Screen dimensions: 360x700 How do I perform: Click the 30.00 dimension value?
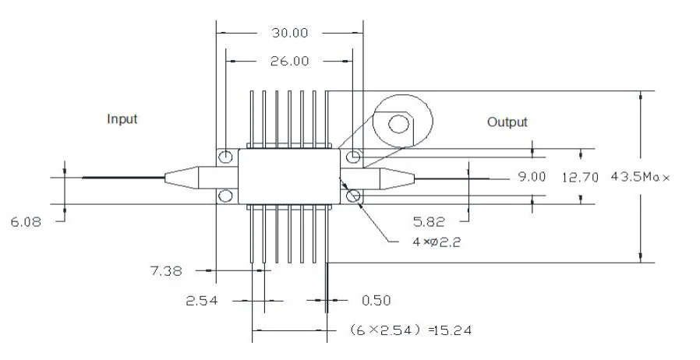tap(289, 33)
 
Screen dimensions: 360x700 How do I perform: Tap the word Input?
tap(122, 119)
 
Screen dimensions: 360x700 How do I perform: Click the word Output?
tap(507, 122)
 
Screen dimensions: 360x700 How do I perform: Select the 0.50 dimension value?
tap(376, 299)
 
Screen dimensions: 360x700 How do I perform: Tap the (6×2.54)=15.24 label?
tap(410, 330)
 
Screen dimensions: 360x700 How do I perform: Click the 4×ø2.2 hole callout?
tap(437, 242)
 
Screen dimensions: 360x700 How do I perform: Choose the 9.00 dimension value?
tap(532, 177)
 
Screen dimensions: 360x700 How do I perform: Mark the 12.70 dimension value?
tap(578, 177)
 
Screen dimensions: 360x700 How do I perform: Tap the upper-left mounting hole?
tap(225, 157)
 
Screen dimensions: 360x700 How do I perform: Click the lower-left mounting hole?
tap(225, 196)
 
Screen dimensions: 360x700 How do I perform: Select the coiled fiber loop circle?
tap(401, 122)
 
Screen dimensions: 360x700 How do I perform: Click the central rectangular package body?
tap(289, 177)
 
